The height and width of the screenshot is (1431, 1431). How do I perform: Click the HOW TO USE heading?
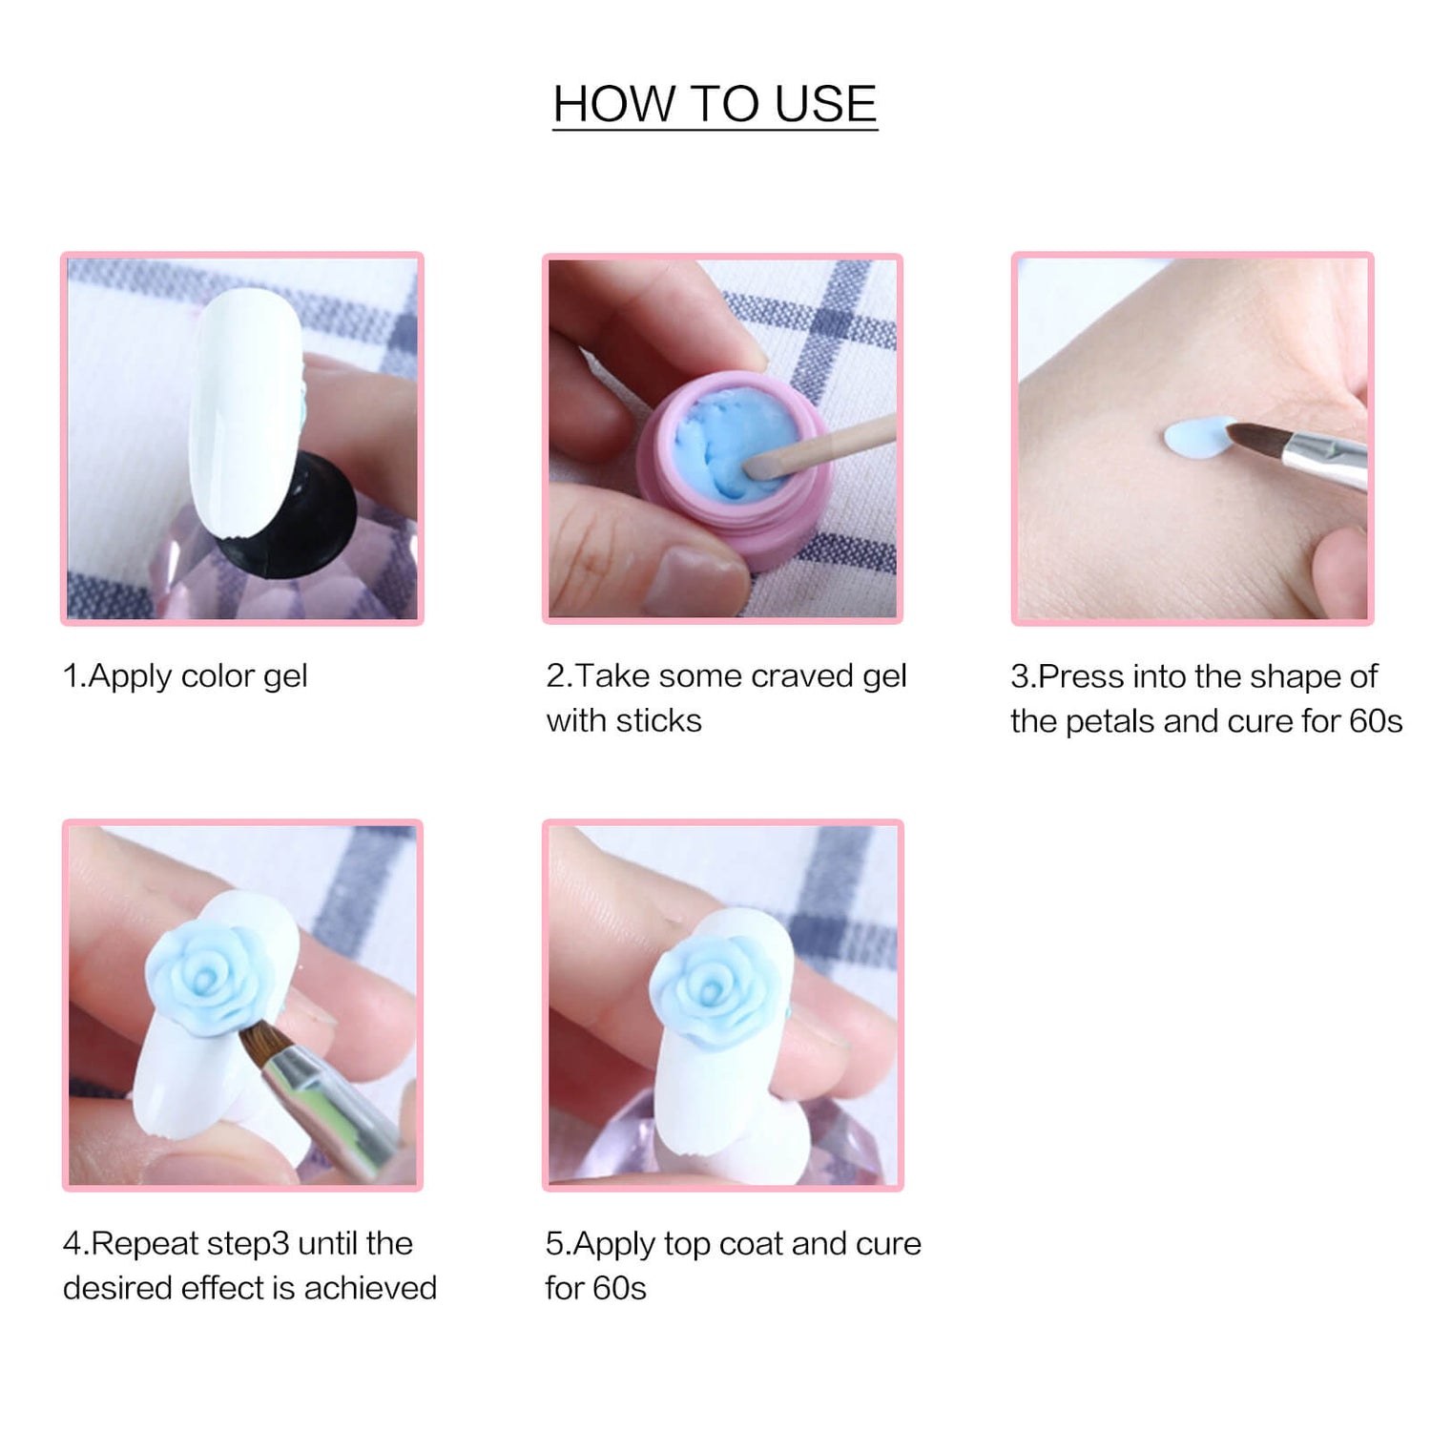tap(715, 103)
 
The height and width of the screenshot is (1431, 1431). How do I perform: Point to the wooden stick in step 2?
tap(820, 446)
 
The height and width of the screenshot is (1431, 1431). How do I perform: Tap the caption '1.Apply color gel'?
tap(185, 676)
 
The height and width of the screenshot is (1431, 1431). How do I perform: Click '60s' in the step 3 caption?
tap(1376, 721)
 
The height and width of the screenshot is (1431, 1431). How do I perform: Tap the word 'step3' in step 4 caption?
tap(248, 1244)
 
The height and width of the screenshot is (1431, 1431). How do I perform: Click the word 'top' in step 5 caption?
tap(687, 1245)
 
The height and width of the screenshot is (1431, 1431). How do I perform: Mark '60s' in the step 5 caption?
tap(619, 1289)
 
